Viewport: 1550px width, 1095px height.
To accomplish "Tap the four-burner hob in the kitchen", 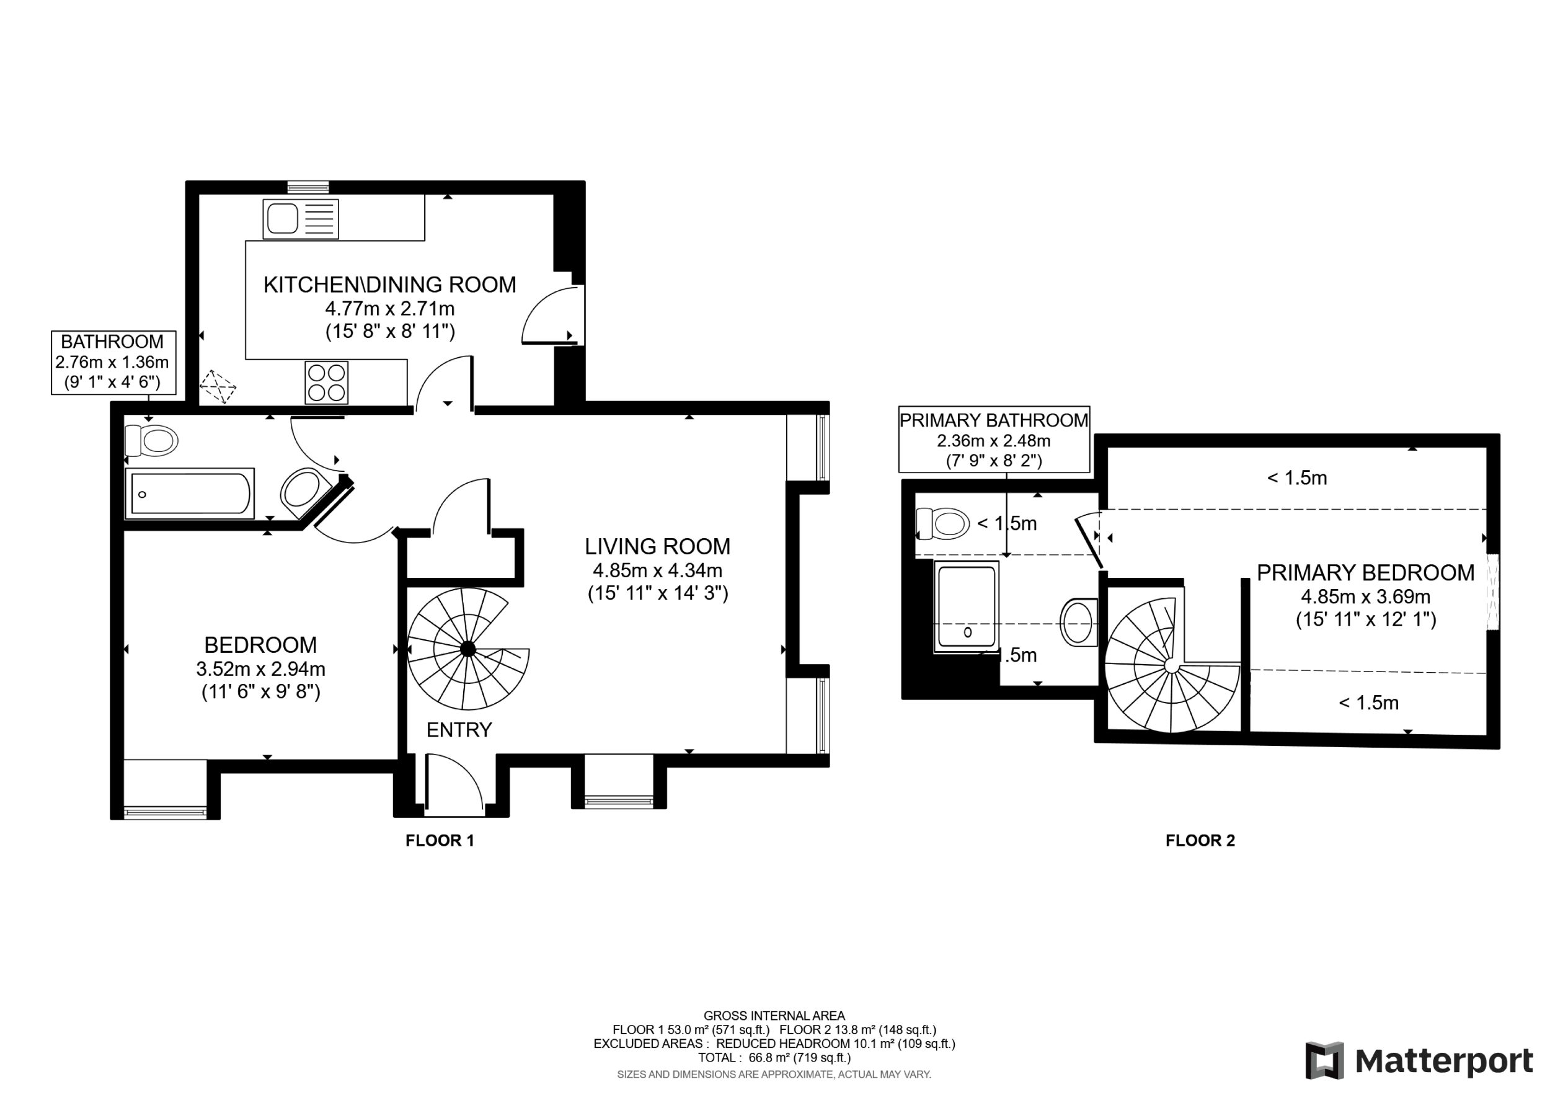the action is (327, 382).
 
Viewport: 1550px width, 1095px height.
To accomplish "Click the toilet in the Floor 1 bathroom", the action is (151, 441).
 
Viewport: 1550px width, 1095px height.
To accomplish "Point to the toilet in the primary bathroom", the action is (942, 524).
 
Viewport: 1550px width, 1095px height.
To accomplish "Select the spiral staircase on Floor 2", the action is (1172, 665).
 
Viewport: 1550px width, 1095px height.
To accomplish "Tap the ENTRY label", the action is (459, 730).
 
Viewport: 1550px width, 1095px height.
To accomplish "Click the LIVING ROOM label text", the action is (658, 546).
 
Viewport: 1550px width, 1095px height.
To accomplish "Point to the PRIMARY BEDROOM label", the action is (1366, 572).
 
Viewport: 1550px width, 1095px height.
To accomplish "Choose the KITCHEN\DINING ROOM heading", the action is (389, 285).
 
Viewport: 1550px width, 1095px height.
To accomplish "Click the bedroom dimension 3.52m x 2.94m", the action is (260, 669).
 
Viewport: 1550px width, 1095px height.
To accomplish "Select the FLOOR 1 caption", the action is (440, 841).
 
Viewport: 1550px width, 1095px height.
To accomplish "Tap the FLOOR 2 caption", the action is (1200, 841).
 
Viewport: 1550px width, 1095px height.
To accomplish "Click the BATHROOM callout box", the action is (113, 363).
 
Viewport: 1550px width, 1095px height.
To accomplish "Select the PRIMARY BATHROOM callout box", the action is (994, 440).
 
